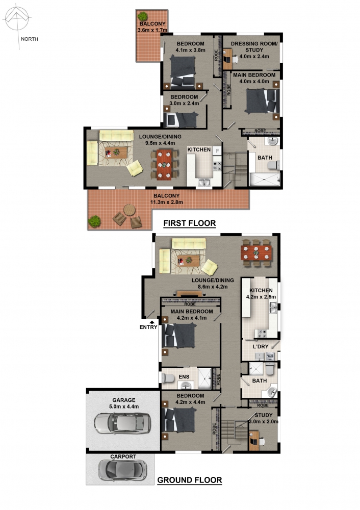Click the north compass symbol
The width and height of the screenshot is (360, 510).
click(17, 19)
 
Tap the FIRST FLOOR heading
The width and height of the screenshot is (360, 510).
click(190, 223)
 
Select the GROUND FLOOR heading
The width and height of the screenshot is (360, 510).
click(190, 480)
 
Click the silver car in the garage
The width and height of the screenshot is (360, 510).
click(122, 423)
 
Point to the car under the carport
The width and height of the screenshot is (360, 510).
click(122, 470)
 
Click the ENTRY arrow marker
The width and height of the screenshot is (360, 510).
click(152, 322)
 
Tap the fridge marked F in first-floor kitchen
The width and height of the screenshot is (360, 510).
click(217, 150)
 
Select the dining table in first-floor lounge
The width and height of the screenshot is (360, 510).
click(164, 164)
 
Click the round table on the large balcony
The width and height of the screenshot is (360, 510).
click(130, 210)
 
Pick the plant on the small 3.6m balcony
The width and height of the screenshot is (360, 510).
click(142, 16)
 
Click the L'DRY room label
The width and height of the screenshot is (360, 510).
click(261, 346)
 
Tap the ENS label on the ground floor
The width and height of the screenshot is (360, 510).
click(184, 377)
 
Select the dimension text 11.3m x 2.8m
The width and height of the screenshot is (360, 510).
click(167, 202)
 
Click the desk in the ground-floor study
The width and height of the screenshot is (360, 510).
click(253, 441)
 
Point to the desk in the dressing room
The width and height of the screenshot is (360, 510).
click(227, 59)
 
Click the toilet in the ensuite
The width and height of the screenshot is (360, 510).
click(168, 378)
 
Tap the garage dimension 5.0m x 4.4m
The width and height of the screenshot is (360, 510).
click(124, 406)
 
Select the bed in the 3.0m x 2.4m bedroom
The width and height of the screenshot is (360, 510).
click(182, 120)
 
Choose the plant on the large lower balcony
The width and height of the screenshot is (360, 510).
click(94, 221)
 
